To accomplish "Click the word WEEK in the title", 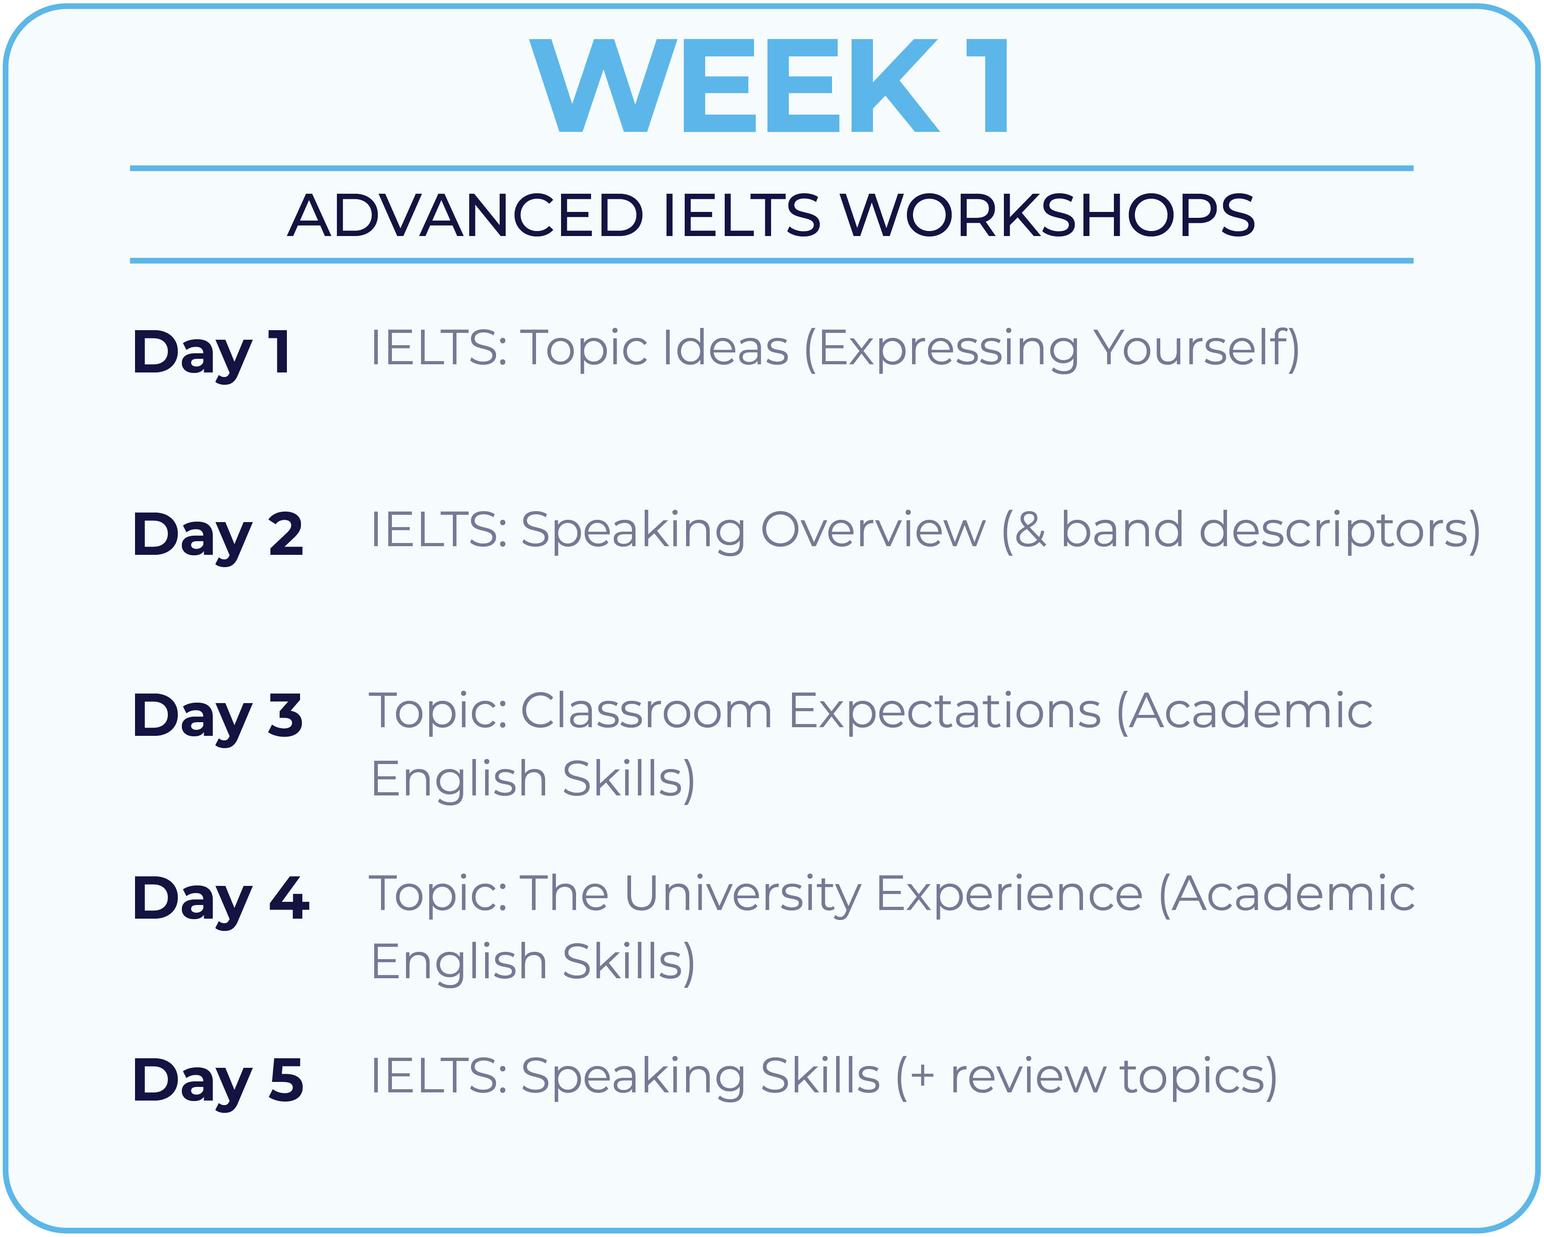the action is pyautogui.click(x=734, y=85).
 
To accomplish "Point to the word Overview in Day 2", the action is pyautogui.click(x=873, y=531).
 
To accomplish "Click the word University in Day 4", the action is pyautogui.click(x=743, y=895).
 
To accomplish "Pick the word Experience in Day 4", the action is pyautogui.click(x=1010, y=895).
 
